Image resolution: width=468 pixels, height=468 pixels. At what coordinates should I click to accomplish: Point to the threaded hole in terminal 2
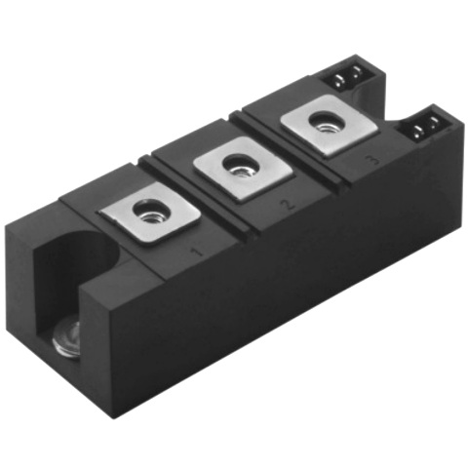click(236, 167)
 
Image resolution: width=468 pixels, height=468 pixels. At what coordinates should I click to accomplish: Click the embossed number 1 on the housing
click(195, 253)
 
